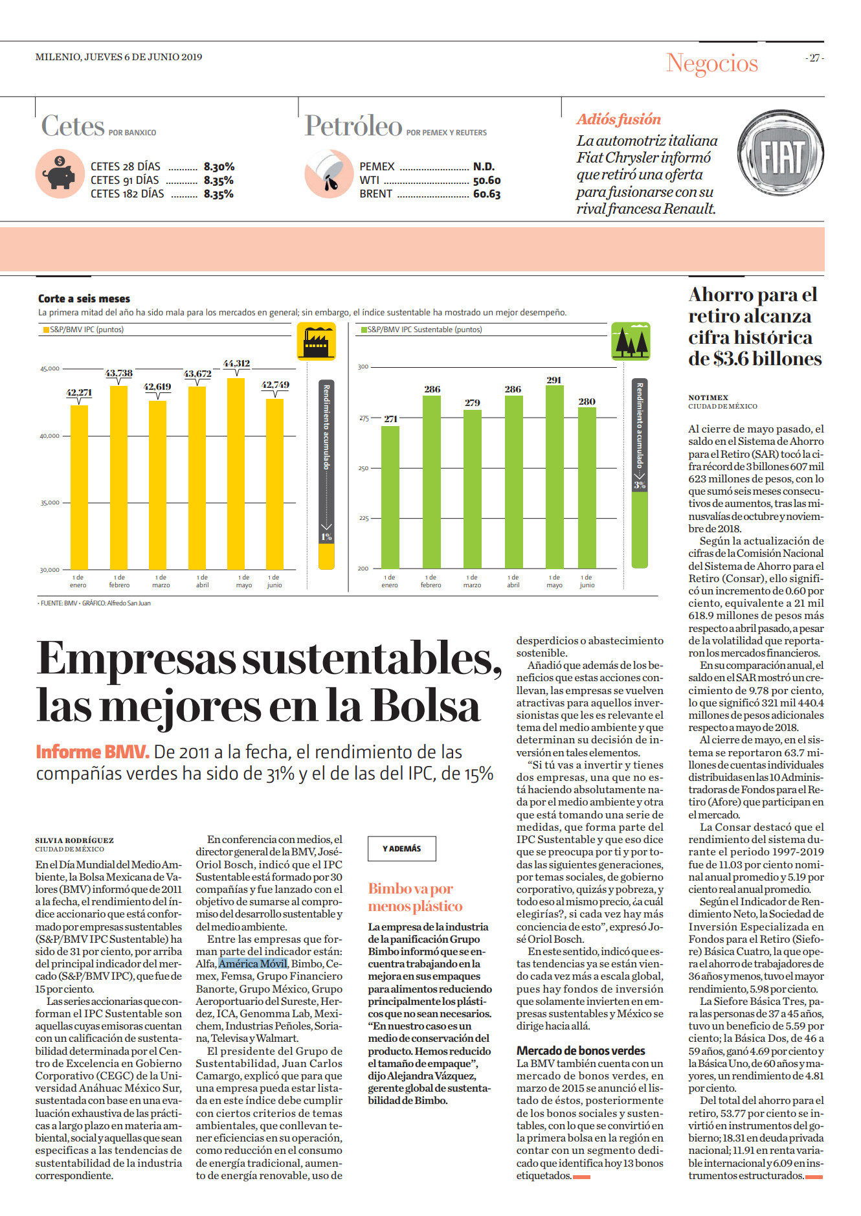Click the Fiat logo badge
[x=781, y=157]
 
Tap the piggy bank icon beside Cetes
[x=60, y=174]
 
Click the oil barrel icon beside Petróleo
[x=328, y=174]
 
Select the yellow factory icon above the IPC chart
[x=316, y=341]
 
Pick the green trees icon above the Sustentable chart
[x=631, y=341]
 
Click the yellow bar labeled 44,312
[x=236, y=473]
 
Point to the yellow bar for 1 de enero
[x=79, y=488]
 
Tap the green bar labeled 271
[x=390, y=497]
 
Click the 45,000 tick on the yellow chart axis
[x=50, y=368]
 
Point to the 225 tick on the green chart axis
[x=364, y=518]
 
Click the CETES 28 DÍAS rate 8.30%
[x=219, y=166]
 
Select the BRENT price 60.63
[x=487, y=194]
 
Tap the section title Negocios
[x=712, y=63]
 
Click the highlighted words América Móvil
[x=252, y=963]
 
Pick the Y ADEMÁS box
[x=402, y=848]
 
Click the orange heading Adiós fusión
[x=619, y=119]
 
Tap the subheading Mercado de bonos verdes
[x=581, y=1050]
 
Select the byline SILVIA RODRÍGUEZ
[x=74, y=840]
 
